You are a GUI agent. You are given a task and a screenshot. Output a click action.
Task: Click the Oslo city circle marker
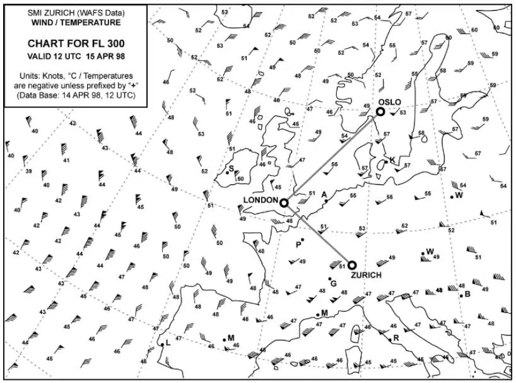pyautogui.click(x=380, y=112)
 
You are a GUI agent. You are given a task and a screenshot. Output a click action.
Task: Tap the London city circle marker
pyautogui.click(x=284, y=203)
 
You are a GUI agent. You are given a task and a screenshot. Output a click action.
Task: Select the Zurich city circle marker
pyautogui.click(x=352, y=265)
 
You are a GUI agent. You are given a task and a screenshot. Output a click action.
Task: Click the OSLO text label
pyautogui.click(x=389, y=102)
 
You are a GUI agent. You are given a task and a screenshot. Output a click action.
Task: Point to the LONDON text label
pyautogui.click(x=261, y=200)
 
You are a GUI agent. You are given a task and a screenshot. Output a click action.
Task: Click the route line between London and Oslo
pyautogui.click(x=332, y=157)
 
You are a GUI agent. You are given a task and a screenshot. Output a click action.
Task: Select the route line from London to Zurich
pyautogui.click(x=318, y=234)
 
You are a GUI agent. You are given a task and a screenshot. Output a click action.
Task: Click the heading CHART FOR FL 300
pyautogui.click(x=76, y=44)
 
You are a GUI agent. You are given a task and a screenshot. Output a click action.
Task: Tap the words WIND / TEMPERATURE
pyautogui.click(x=76, y=22)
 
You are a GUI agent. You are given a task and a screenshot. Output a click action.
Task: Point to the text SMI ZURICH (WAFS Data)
pyautogui.click(x=76, y=13)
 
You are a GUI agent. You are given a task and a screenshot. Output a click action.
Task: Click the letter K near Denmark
pyautogui.click(x=392, y=160)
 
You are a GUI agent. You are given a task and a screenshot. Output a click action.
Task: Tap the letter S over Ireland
pyautogui.click(x=231, y=168)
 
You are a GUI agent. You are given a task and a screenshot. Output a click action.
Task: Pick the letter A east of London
pyautogui.click(x=324, y=194)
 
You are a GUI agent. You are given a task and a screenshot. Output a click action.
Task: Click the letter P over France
pyautogui.click(x=298, y=244)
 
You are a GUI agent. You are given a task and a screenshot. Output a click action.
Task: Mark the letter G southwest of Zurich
pyautogui.click(x=333, y=283)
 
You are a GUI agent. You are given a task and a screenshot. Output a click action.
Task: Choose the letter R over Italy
pyautogui.click(x=396, y=338)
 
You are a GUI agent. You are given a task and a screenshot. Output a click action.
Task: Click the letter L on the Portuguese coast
pyautogui.click(x=168, y=344)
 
